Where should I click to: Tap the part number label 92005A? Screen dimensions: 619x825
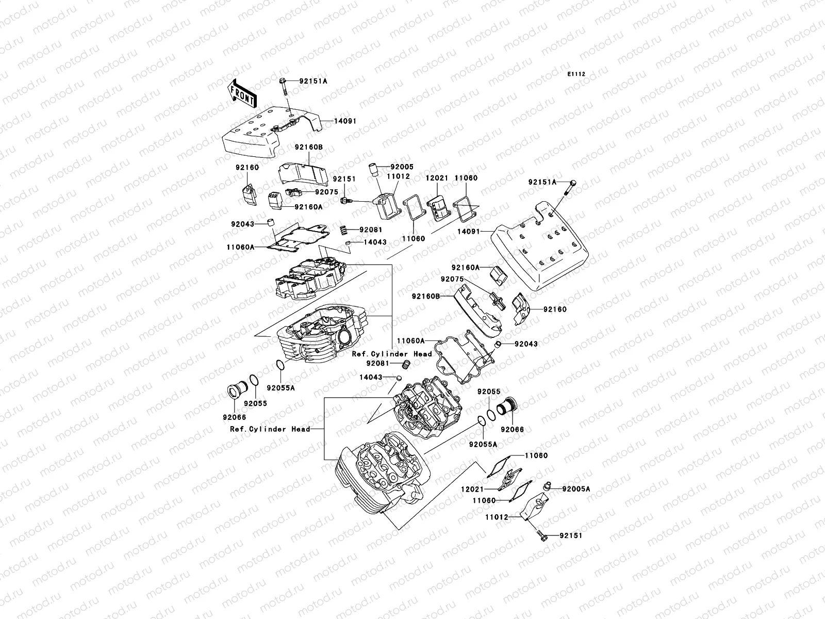[x=576, y=488]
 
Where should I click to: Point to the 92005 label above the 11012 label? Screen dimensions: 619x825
[x=402, y=167]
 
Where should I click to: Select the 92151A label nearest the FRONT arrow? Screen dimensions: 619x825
[x=315, y=81]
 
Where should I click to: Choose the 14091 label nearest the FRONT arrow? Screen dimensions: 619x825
[x=345, y=121]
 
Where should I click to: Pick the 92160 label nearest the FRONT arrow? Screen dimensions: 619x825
[x=247, y=167]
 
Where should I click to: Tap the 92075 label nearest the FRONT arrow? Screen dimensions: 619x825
[x=326, y=192]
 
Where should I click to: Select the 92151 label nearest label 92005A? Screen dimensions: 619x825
[x=571, y=536]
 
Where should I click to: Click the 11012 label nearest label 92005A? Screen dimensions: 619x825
[x=496, y=517]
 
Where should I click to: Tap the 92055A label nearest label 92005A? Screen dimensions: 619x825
[x=483, y=444]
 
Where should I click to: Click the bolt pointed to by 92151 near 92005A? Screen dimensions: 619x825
[x=541, y=535]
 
